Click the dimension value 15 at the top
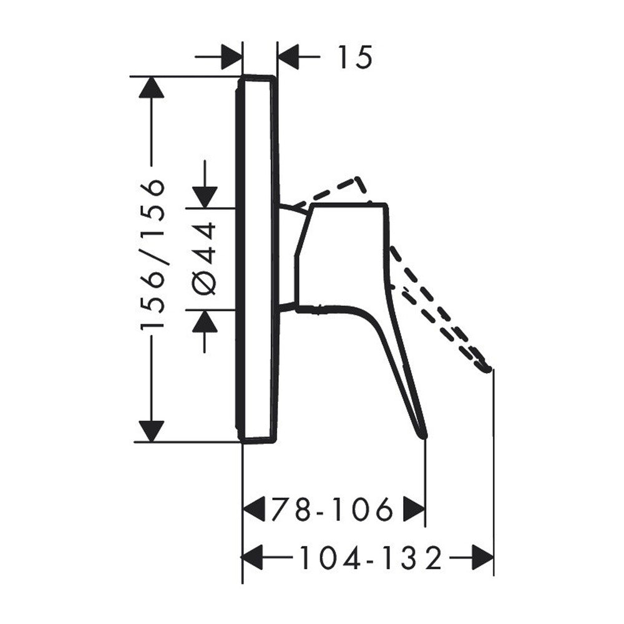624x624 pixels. [x=355, y=57]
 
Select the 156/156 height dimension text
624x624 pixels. [x=152, y=255]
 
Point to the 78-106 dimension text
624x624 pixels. [x=333, y=509]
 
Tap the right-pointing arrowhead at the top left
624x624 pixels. [x=232, y=57]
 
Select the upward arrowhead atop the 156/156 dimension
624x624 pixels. [x=151, y=87]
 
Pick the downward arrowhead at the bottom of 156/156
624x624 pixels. [x=151, y=431]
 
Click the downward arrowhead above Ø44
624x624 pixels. [x=205, y=197]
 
